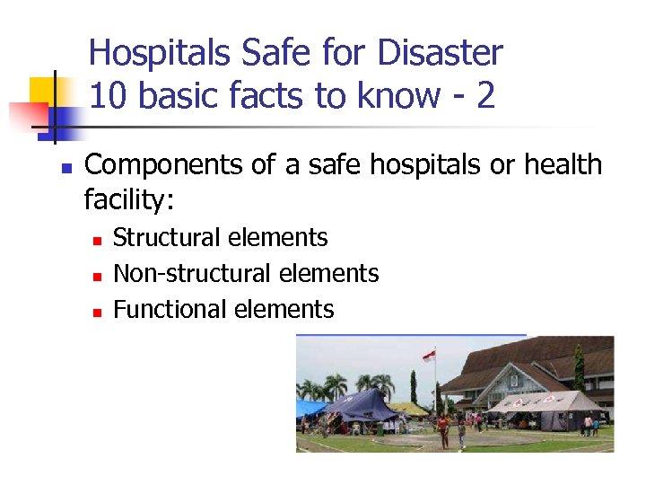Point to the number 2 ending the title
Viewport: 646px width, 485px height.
[485, 94]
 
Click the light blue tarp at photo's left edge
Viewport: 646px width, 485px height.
[309, 409]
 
